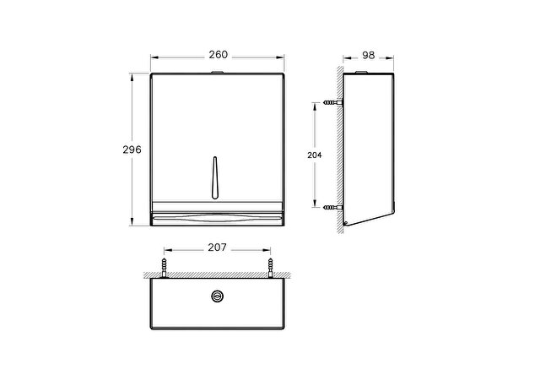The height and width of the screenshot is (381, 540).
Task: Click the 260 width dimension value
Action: coord(218,54)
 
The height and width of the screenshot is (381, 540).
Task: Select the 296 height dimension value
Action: coord(132,150)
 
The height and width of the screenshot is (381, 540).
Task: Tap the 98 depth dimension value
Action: coord(368,55)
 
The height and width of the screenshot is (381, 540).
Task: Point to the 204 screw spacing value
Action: coord(315,155)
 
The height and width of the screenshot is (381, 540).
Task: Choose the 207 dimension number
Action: coord(218,248)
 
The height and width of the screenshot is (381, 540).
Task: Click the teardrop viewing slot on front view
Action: coord(215,177)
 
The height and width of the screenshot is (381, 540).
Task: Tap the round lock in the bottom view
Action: coord(217,296)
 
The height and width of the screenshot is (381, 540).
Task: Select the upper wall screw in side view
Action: coord(333,102)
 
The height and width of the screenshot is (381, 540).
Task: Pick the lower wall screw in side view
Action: coord(333,208)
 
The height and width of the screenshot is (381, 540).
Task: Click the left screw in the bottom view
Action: coord(165,268)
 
